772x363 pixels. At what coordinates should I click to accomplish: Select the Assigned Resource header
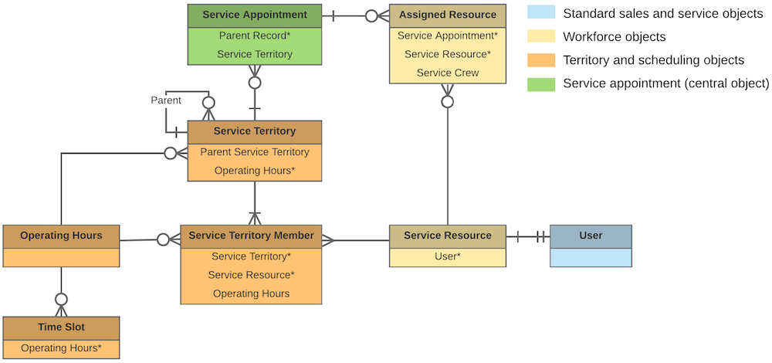(448, 15)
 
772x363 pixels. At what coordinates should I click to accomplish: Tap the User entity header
(591, 236)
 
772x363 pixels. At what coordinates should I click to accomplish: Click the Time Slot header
(61, 327)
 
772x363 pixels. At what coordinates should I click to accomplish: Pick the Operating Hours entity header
(61, 236)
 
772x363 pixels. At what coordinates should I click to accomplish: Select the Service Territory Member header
(251, 236)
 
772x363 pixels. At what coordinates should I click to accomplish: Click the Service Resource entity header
(447, 236)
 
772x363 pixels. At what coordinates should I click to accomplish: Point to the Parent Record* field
(254, 36)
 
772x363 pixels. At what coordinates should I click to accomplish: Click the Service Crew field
(448, 73)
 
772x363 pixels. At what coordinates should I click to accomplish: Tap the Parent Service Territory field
(254, 152)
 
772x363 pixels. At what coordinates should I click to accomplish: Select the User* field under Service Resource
(447, 256)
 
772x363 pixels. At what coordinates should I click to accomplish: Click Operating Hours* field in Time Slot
(61, 348)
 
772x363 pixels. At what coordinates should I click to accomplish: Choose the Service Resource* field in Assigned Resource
(448, 54)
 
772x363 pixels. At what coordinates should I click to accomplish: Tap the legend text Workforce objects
(614, 36)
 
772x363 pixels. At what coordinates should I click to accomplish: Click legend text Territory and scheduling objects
(653, 59)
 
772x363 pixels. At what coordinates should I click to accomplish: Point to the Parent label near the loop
(165, 100)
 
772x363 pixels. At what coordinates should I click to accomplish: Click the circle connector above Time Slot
(61, 300)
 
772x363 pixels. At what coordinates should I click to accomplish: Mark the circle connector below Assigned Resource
(448, 101)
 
